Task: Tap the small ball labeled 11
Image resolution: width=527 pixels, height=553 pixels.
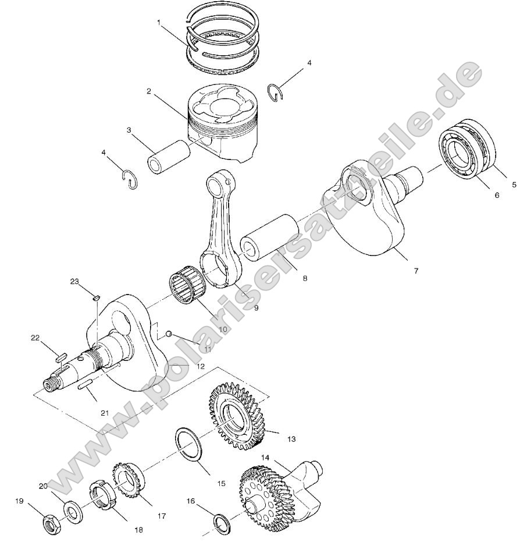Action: click(x=168, y=334)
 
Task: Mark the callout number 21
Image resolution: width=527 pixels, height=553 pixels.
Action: click(x=105, y=413)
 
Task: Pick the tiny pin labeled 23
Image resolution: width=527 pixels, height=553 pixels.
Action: click(x=97, y=298)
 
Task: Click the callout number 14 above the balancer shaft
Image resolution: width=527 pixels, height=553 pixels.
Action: click(x=265, y=458)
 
